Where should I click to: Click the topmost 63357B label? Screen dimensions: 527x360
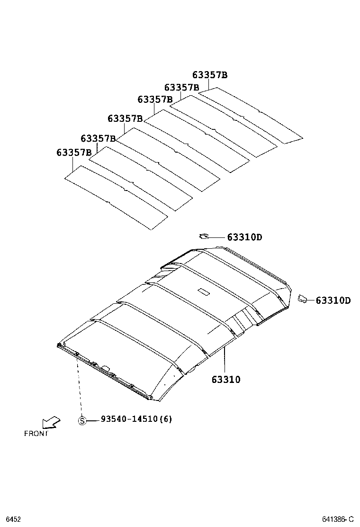point(210,75)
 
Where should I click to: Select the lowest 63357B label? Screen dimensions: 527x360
point(74,152)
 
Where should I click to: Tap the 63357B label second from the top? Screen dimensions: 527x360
point(181,88)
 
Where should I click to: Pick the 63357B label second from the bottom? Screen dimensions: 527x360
point(98,138)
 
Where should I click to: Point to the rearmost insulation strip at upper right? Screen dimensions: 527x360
point(250,114)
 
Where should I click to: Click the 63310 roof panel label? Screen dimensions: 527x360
point(226,380)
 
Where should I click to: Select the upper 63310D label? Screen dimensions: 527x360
point(244,237)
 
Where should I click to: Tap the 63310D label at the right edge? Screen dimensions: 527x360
point(333,300)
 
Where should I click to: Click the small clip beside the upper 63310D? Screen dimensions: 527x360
point(205,236)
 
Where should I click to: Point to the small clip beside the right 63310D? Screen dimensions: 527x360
point(302,298)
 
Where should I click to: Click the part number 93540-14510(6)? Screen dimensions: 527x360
point(136,419)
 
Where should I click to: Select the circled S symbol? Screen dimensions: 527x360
point(82,420)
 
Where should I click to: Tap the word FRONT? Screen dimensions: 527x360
point(36,433)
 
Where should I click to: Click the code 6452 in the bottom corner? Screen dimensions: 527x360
point(12,519)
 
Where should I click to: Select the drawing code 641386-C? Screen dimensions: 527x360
point(338,519)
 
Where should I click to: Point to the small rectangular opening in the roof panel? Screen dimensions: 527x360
point(205,292)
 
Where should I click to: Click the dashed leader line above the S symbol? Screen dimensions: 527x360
point(79,386)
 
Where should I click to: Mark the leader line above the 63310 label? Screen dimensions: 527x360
point(225,360)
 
